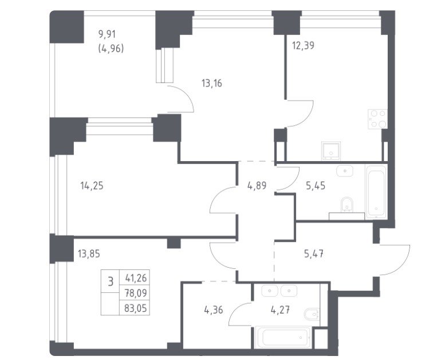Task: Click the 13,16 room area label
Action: [x=212, y=83]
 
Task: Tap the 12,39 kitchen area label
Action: [x=303, y=45]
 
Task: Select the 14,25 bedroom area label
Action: [x=92, y=186]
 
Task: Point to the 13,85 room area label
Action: [x=89, y=253]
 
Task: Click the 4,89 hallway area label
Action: [x=257, y=186]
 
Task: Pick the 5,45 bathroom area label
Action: [x=316, y=186]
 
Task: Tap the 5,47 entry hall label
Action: [x=314, y=253]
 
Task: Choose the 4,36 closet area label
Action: [x=214, y=310]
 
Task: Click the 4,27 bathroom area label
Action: [x=280, y=310]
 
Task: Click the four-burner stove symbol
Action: [x=377, y=119]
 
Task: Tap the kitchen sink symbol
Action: [x=331, y=151]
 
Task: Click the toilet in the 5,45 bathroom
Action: [x=347, y=205]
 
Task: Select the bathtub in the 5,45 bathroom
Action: [x=376, y=191]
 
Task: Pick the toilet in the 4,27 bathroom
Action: [x=312, y=314]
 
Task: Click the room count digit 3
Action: [x=111, y=282]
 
